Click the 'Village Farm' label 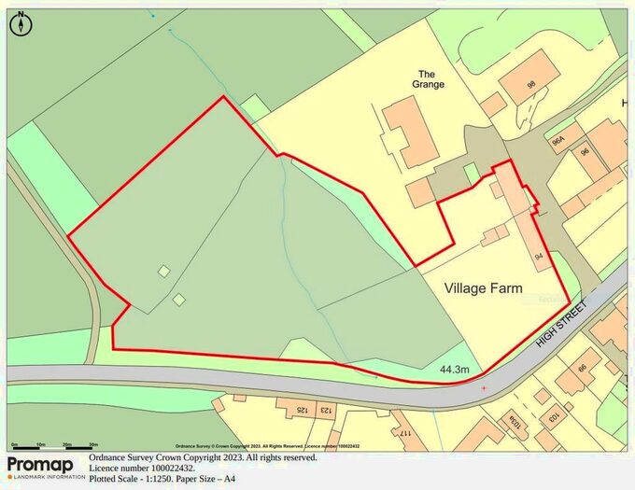click(483, 288)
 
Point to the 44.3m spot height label click(454, 371)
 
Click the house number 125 click(302, 410)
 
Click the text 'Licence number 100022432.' click(142, 469)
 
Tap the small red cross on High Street click(484, 387)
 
